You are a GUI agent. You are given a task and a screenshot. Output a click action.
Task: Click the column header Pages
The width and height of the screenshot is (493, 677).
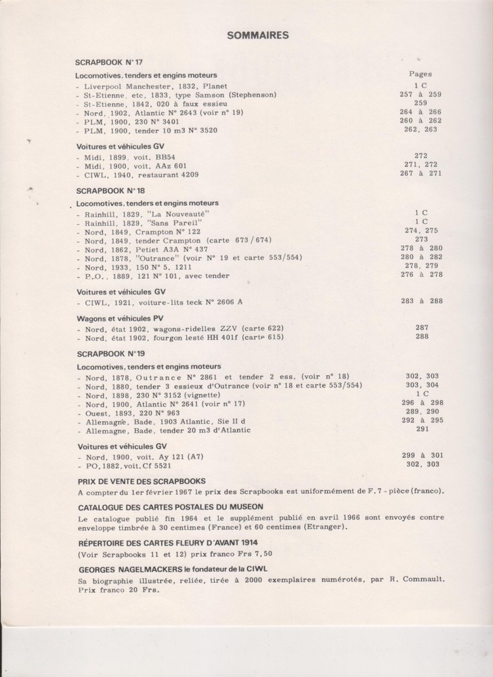tap(421, 74)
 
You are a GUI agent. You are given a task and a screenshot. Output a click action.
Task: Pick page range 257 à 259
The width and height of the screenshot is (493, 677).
tap(421, 95)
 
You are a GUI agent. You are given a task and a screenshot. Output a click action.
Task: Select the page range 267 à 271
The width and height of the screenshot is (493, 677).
tap(421, 173)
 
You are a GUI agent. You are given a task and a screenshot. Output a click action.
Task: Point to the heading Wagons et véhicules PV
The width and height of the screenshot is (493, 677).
tap(121, 317)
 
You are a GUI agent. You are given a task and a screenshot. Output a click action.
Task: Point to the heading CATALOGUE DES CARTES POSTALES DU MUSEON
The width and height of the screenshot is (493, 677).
tap(170, 506)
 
